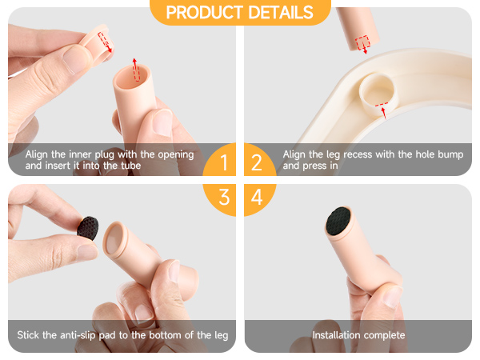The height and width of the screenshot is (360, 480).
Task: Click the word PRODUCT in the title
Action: pyautogui.click(x=205, y=12)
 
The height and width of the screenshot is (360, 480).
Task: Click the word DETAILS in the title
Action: pyautogui.click(x=281, y=12)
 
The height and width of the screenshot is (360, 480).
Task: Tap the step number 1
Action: pyautogui.click(x=224, y=162)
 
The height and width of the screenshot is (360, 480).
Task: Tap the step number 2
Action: pyautogui.click(x=257, y=162)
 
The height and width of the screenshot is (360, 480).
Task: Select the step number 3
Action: pyautogui.click(x=224, y=197)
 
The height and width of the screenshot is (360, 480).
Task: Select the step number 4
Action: pyautogui.click(x=257, y=197)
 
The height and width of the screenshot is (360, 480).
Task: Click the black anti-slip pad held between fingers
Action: pyautogui.click(x=88, y=228)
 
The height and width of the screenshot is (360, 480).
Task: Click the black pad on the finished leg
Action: pyautogui.click(x=338, y=221)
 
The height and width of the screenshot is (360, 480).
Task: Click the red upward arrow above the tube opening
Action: pyautogui.click(x=135, y=69)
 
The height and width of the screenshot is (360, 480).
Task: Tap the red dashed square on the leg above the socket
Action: pyautogui.click(x=362, y=42)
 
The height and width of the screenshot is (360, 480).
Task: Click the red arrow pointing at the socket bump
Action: pyautogui.click(x=383, y=113)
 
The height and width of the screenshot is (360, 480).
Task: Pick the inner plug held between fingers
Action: pyautogui.click(x=95, y=46)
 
